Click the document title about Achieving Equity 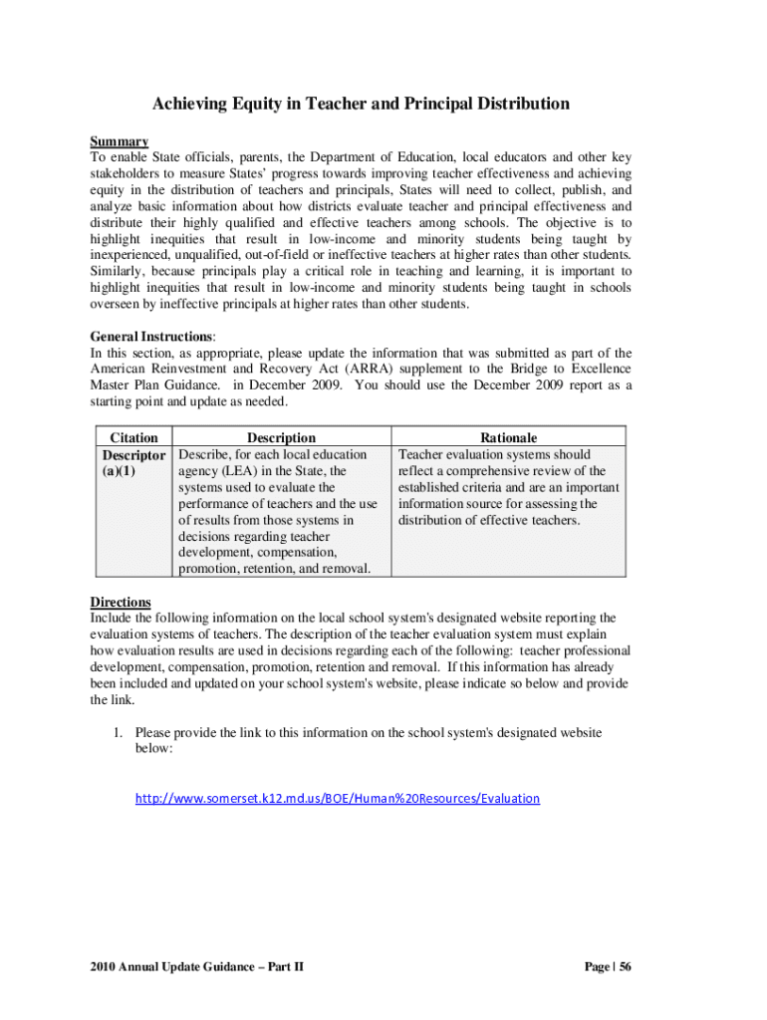click(360, 104)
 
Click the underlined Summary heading click(120, 141)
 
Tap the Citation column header click(133, 437)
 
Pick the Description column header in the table click(281, 437)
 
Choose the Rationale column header click(508, 437)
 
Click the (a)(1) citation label click(120, 471)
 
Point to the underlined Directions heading click(121, 602)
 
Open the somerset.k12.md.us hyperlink click(338, 798)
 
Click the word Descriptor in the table click(133, 454)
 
